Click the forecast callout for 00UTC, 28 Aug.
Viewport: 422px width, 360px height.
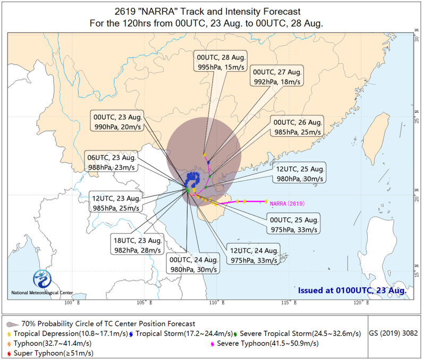tap(221, 61)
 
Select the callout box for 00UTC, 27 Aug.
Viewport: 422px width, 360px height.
tap(277, 76)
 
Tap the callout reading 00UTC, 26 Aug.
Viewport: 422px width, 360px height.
tap(297, 126)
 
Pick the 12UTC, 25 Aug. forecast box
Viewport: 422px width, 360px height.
tap(300, 173)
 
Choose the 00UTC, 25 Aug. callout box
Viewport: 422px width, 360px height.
tap(293, 223)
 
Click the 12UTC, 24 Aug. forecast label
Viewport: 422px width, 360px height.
tap(254, 254)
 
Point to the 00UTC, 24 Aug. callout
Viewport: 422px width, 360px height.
tap(193, 263)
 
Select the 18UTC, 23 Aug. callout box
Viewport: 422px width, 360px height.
tap(137, 244)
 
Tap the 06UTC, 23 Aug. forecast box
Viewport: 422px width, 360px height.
tap(111, 161)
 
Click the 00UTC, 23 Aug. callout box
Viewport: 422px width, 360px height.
tap(117, 121)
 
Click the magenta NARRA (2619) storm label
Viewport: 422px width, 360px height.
tap(287, 204)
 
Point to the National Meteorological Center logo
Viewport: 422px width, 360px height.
tap(43, 279)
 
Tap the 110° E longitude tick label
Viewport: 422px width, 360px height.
tap(217, 303)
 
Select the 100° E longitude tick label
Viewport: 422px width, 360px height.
tap(72, 303)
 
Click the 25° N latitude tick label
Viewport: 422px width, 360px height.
tap(417, 116)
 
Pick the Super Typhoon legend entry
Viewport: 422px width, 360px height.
tap(50, 353)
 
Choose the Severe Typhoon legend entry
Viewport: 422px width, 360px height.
tap(265, 344)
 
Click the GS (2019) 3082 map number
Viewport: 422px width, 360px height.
tap(393, 333)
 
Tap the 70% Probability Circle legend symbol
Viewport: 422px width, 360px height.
tap(12, 324)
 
